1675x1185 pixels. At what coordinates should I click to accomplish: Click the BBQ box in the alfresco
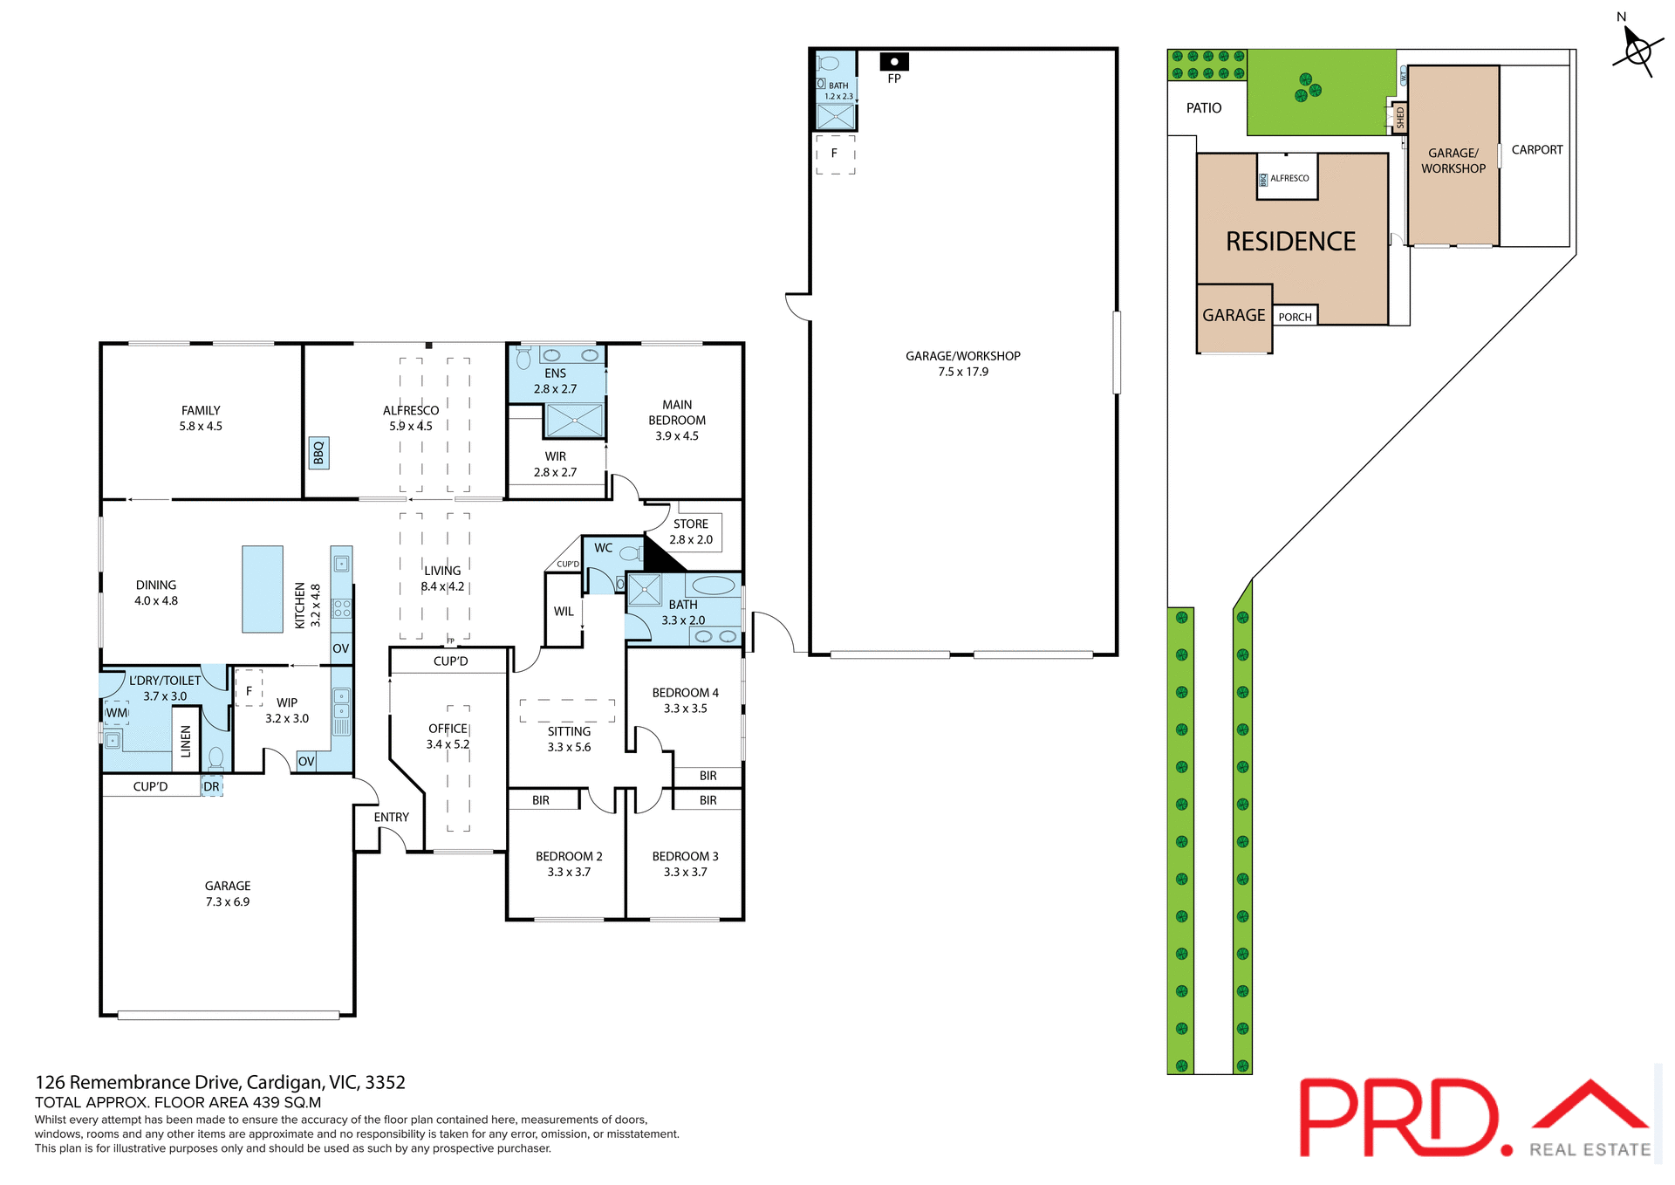click(318, 453)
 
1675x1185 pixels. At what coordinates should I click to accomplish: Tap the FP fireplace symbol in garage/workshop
click(894, 62)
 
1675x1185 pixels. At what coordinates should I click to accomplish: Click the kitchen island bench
click(263, 589)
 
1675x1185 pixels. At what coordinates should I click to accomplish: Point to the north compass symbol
click(1637, 50)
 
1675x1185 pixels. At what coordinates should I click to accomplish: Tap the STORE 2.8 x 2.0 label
click(691, 531)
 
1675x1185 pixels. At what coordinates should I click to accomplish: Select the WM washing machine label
click(117, 713)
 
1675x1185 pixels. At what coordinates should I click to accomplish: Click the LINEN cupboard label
click(186, 741)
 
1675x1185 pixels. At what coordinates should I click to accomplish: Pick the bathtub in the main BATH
click(714, 585)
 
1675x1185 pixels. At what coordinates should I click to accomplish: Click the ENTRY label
click(391, 817)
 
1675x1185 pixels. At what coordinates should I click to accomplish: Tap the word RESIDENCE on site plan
click(1290, 242)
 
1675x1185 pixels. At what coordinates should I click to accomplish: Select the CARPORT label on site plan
click(1536, 150)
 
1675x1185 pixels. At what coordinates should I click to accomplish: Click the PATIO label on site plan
click(1203, 108)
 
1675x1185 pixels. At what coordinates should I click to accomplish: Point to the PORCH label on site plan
click(1295, 317)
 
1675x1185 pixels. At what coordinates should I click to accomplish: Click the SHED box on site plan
click(1400, 118)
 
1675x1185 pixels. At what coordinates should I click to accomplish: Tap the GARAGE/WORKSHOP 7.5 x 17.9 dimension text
click(963, 372)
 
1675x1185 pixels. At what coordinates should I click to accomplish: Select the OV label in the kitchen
click(340, 648)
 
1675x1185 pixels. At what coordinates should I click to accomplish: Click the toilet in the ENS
click(523, 358)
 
